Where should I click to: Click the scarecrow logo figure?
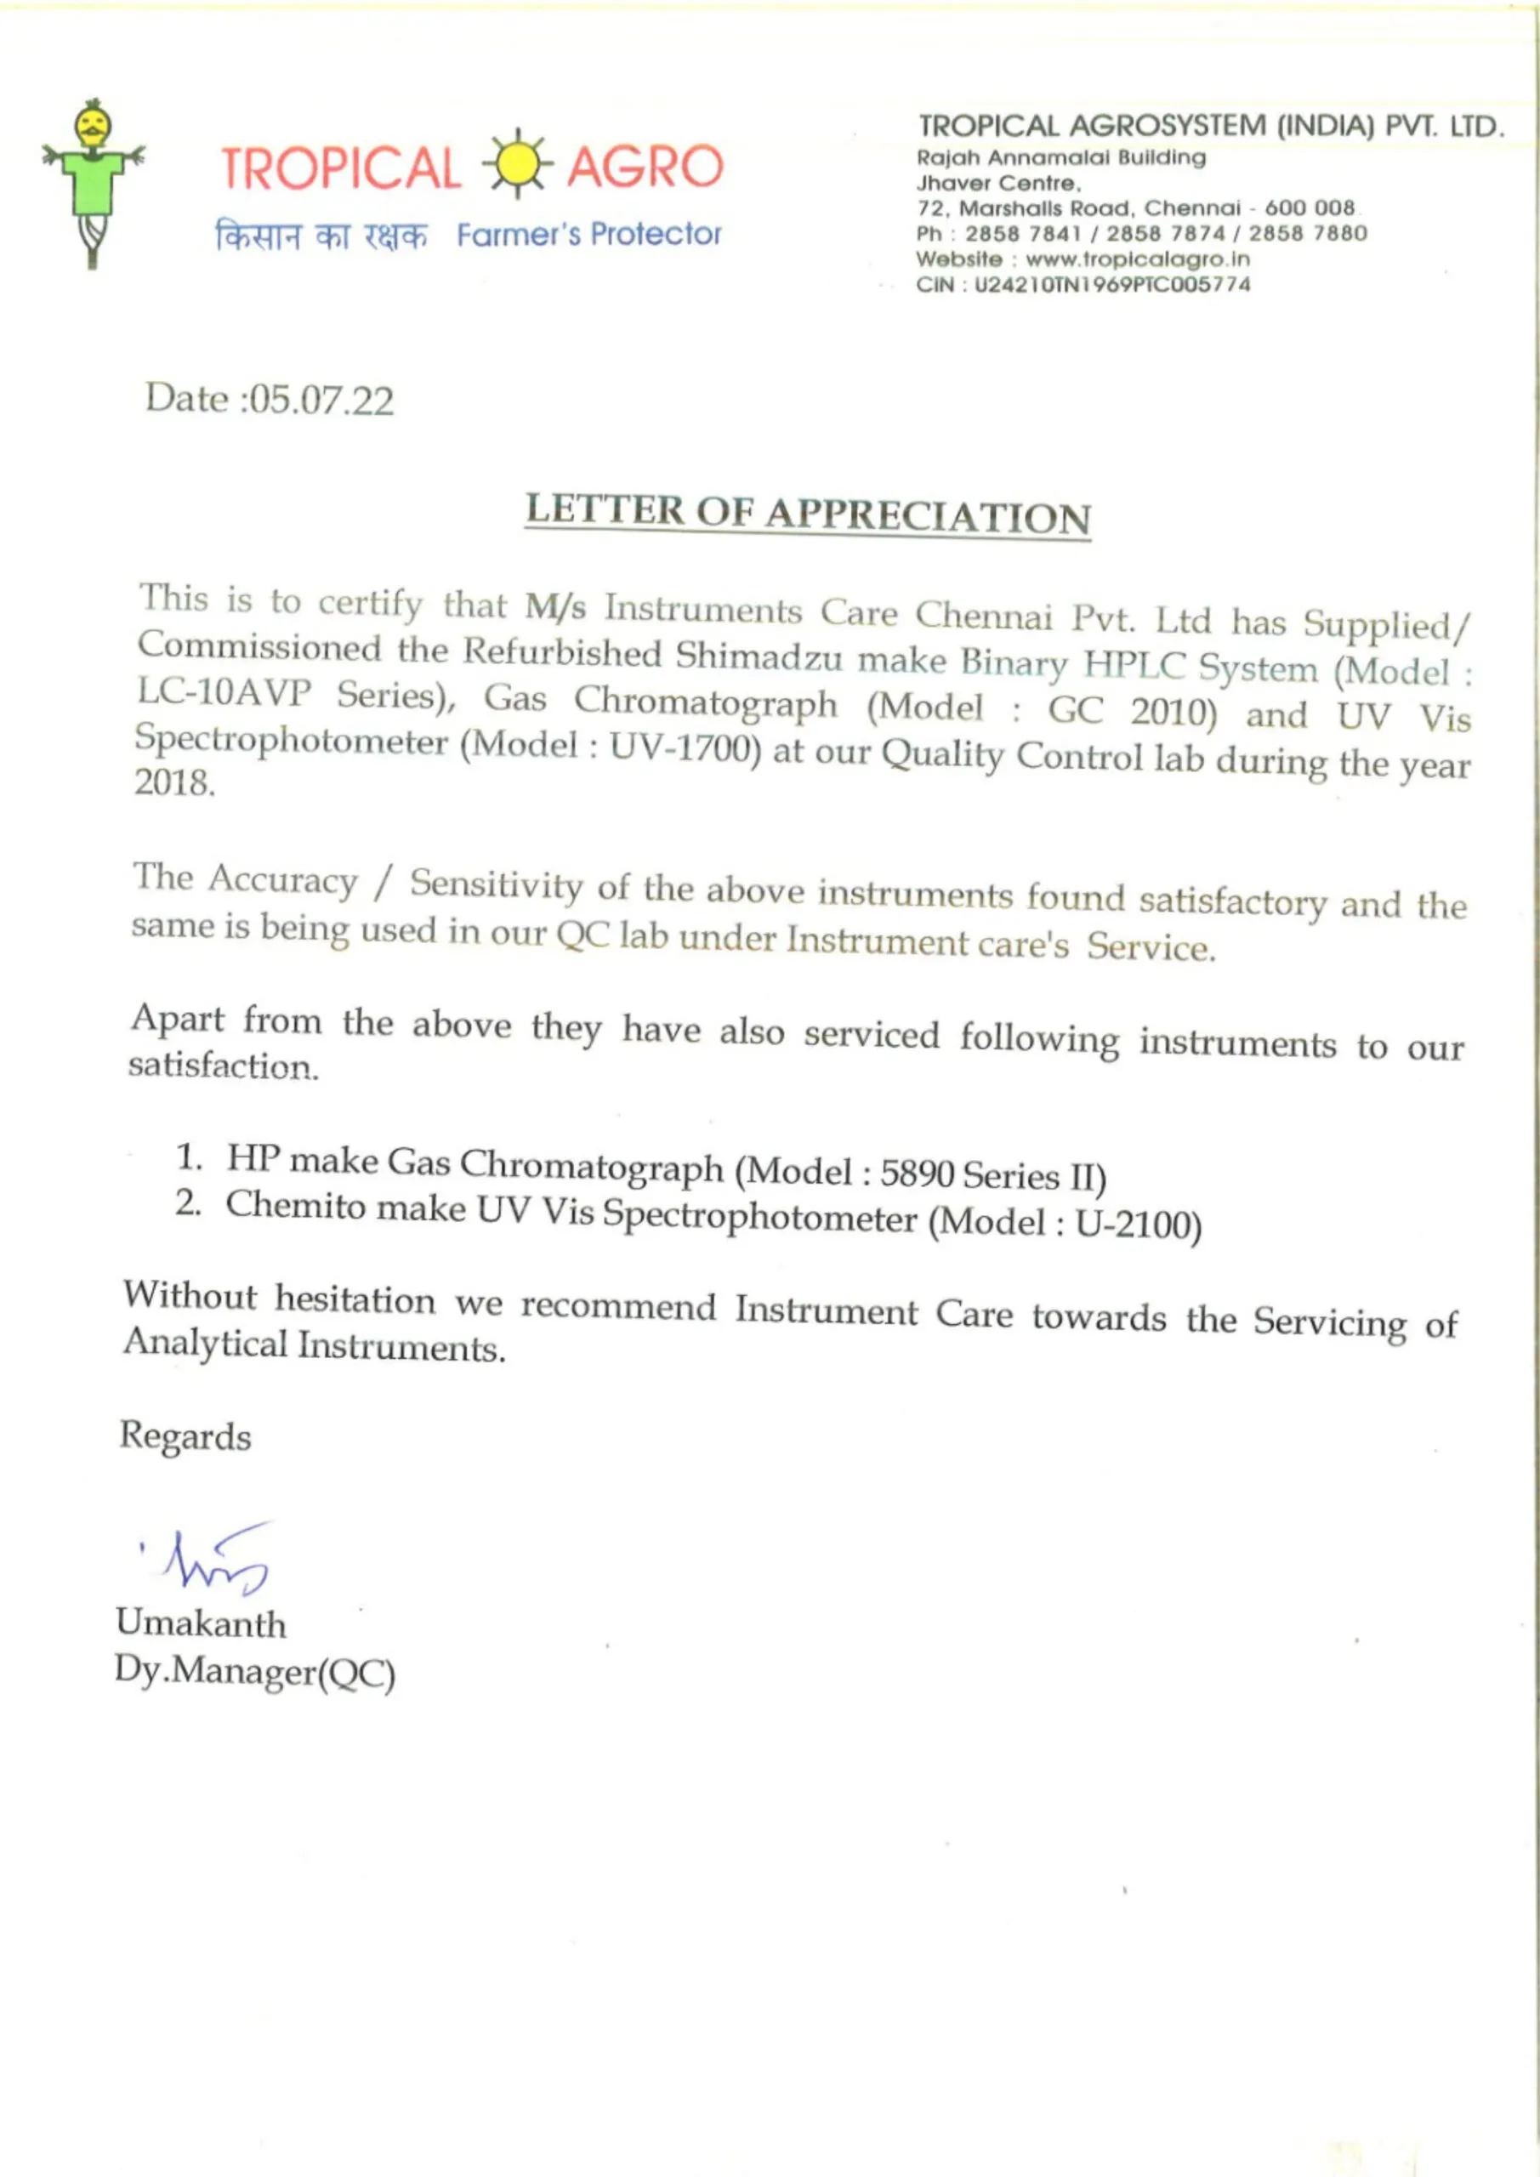click(x=93, y=182)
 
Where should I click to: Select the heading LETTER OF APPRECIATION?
click(x=808, y=514)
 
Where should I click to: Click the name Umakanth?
click(x=200, y=1623)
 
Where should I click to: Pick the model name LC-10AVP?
click(x=224, y=694)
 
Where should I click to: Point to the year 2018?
click(x=173, y=784)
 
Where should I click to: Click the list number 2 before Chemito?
click(x=187, y=1203)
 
